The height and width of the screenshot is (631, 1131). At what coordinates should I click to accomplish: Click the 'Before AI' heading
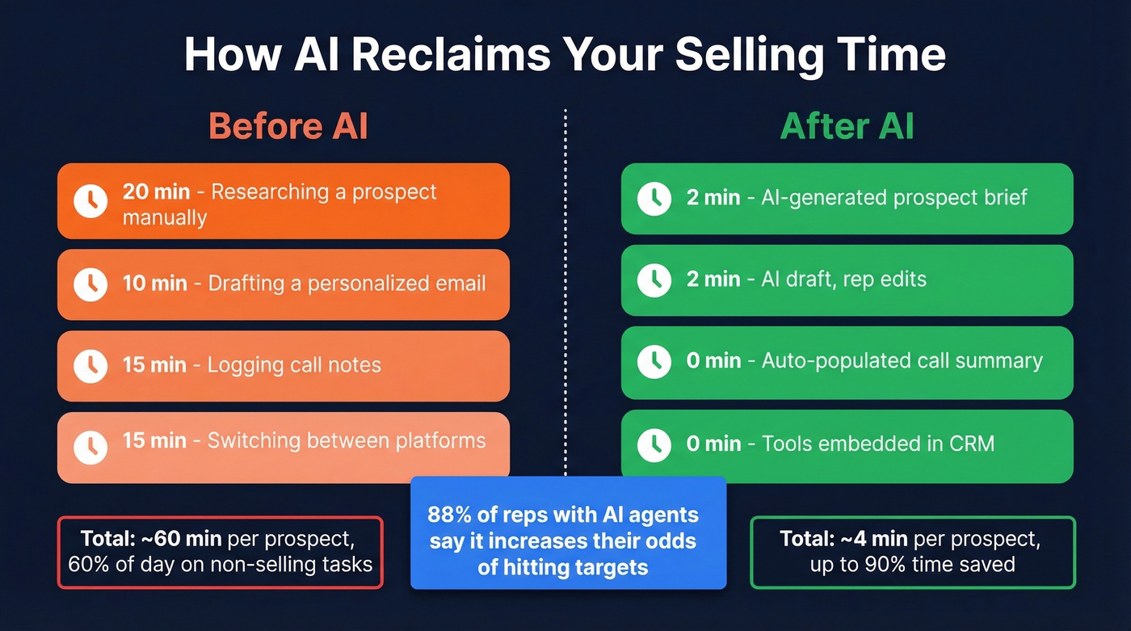tap(288, 127)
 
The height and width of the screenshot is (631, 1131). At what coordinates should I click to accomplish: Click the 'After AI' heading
tap(847, 127)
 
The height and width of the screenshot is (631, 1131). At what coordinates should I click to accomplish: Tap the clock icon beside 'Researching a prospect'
tap(90, 201)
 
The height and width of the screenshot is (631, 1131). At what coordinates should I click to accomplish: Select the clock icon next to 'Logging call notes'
tap(90, 365)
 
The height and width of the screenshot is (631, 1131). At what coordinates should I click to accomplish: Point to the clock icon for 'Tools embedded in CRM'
tap(654, 444)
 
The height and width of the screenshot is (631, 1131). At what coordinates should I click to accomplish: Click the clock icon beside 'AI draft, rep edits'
tap(654, 280)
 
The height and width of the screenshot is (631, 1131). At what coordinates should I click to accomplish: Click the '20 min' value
tap(156, 192)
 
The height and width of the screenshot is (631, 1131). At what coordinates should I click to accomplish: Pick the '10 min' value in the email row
tap(154, 284)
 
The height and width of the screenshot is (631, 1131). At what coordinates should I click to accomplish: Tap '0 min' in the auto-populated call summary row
tap(713, 361)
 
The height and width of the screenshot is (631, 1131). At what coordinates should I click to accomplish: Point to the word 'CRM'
tap(970, 444)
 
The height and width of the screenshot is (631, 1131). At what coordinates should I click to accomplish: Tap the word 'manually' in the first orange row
tap(165, 217)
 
